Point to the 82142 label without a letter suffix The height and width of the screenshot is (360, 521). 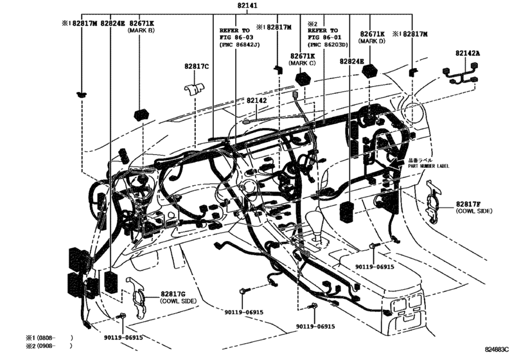coord(260,100)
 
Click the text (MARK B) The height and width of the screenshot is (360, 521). coord(141,30)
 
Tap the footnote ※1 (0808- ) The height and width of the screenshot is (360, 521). coord(49,337)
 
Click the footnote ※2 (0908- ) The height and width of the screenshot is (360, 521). coord(49,346)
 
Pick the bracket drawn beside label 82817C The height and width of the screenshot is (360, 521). coord(195,87)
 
